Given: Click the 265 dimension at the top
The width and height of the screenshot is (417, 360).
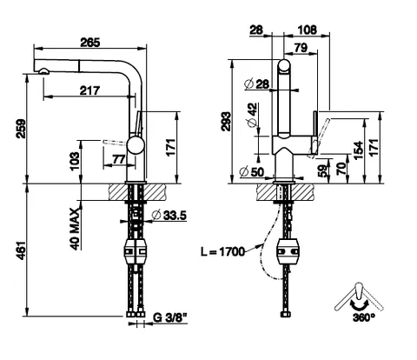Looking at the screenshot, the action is (90, 43).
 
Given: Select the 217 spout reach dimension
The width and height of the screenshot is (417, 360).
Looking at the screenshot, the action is (89, 90).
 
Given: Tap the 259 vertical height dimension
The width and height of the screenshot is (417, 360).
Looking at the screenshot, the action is (21, 129).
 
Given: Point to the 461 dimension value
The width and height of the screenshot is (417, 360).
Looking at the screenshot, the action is (21, 250).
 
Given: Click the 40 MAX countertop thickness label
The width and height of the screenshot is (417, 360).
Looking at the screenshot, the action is (75, 229).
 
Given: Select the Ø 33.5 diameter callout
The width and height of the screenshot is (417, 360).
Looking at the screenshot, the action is (169, 216).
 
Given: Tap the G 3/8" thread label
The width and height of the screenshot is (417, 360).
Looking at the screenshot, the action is (169, 317).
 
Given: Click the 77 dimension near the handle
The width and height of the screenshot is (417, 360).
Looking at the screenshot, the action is (119, 159).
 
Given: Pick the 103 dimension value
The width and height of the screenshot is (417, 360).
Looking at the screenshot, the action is (75, 161).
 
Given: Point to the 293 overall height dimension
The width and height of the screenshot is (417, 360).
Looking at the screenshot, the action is (227, 122).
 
